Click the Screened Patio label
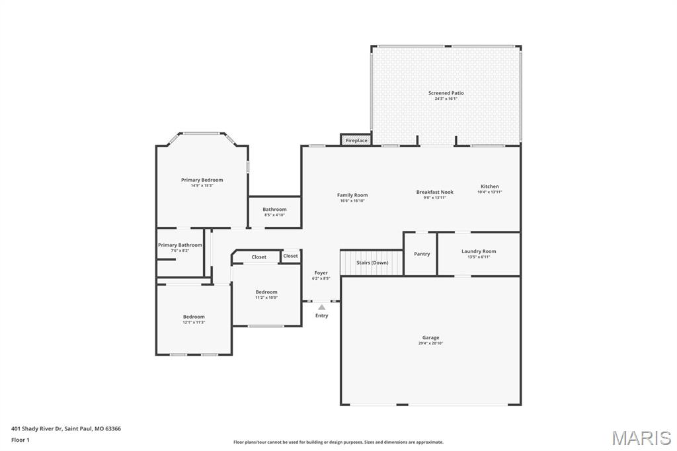click(446, 93)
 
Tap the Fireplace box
click(356, 140)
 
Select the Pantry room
click(421, 254)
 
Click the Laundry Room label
click(478, 251)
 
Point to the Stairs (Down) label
click(372, 263)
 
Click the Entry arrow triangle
click(321, 307)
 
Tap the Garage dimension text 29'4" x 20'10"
click(430, 343)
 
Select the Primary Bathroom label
click(180, 245)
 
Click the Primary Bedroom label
click(202, 180)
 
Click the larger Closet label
click(259, 257)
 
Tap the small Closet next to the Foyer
click(290, 256)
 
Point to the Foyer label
click(321, 273)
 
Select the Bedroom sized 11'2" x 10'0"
click(266, 294)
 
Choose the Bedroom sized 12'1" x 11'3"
click(194, 319)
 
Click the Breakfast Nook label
click(434, 192)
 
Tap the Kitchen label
click(489, 186)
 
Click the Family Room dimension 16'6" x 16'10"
click(352, 200)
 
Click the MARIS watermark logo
click(641, 438)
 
